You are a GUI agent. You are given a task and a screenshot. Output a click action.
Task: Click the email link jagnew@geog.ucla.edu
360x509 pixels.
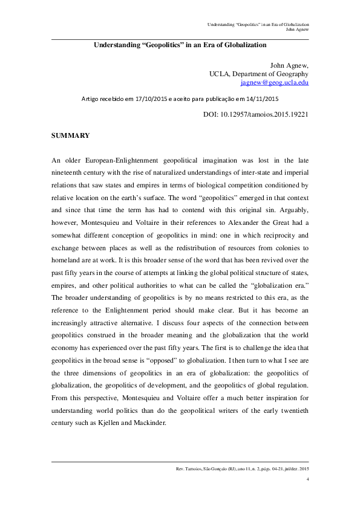[274, 82]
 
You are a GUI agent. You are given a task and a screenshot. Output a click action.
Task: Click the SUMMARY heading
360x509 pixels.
[71, 135]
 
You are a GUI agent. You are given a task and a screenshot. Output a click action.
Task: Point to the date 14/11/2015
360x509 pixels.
[261, 98]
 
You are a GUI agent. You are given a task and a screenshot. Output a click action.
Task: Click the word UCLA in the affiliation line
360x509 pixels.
[220, 73]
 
